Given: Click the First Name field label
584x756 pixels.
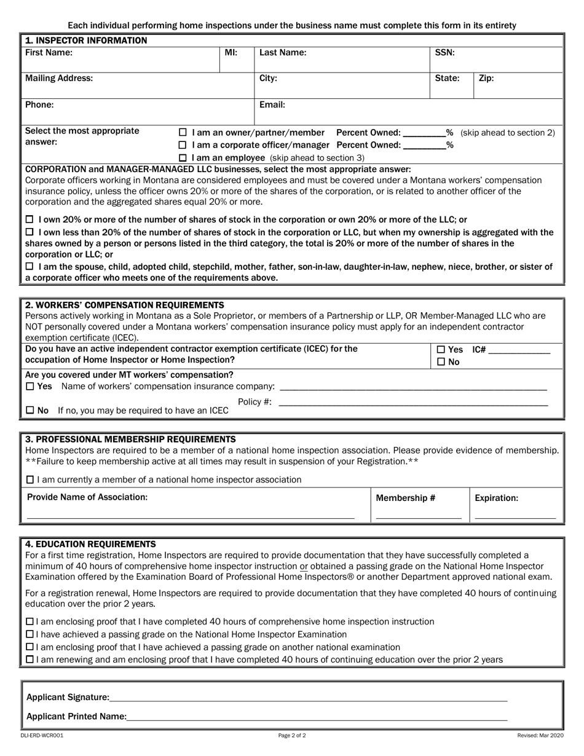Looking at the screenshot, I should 49,53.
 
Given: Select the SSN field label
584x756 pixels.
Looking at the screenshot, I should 444,53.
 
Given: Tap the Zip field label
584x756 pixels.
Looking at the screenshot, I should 486,79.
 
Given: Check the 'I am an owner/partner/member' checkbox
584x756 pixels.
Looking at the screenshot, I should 183,133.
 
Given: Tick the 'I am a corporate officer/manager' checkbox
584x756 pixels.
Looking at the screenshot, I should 183,146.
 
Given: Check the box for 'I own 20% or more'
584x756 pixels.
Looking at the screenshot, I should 30,220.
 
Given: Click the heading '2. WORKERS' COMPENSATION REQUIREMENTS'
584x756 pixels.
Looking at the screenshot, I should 124,305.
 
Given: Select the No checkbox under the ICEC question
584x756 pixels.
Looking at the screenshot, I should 441,363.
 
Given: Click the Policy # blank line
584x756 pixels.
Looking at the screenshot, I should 412,403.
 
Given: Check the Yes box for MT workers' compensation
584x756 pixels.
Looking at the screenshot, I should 30,387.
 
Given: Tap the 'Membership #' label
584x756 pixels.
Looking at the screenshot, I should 405,498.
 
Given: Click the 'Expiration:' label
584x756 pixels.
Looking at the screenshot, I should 496,498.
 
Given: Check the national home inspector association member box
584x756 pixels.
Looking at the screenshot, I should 30,480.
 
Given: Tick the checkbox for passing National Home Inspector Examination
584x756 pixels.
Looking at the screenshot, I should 30,635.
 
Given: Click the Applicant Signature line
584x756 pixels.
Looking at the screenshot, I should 307,698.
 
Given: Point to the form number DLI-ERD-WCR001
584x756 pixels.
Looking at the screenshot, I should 42,735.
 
